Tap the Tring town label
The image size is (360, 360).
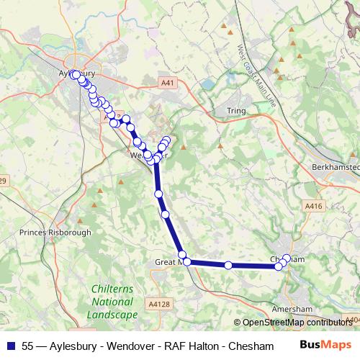tap(235, 112)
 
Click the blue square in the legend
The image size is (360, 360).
tap(10, 346)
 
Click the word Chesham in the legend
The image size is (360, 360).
tap(256, 346)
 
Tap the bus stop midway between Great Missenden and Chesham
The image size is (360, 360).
tap(228, 265)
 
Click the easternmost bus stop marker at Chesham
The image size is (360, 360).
tap(287, 258)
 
